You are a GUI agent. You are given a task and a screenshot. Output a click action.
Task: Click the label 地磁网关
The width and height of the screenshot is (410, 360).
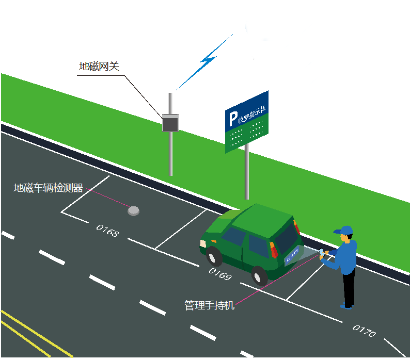[x=99, y=67]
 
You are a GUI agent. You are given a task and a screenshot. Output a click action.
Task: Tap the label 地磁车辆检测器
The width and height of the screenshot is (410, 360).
[x=48, y=188]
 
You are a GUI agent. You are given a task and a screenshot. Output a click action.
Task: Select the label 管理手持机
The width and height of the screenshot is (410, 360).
[x=209, y=305]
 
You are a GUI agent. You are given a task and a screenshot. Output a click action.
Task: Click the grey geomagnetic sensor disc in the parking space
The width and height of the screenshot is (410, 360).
[x=134, y=210]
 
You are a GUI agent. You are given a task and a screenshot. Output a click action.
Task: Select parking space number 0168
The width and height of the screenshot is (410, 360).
[x=107, y=231]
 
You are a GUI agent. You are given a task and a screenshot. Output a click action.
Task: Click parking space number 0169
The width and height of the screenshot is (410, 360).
[x=220, y=274]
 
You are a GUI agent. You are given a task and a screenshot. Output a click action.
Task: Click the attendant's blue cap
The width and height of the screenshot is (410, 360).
[x=344, y=230]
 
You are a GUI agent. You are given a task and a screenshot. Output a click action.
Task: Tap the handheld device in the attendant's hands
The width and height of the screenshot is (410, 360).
[x=322, y=253]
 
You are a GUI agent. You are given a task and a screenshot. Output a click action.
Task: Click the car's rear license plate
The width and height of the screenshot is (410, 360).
[x=292, y=254]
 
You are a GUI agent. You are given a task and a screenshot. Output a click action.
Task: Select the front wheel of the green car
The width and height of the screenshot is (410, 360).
[x=212, y=255]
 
